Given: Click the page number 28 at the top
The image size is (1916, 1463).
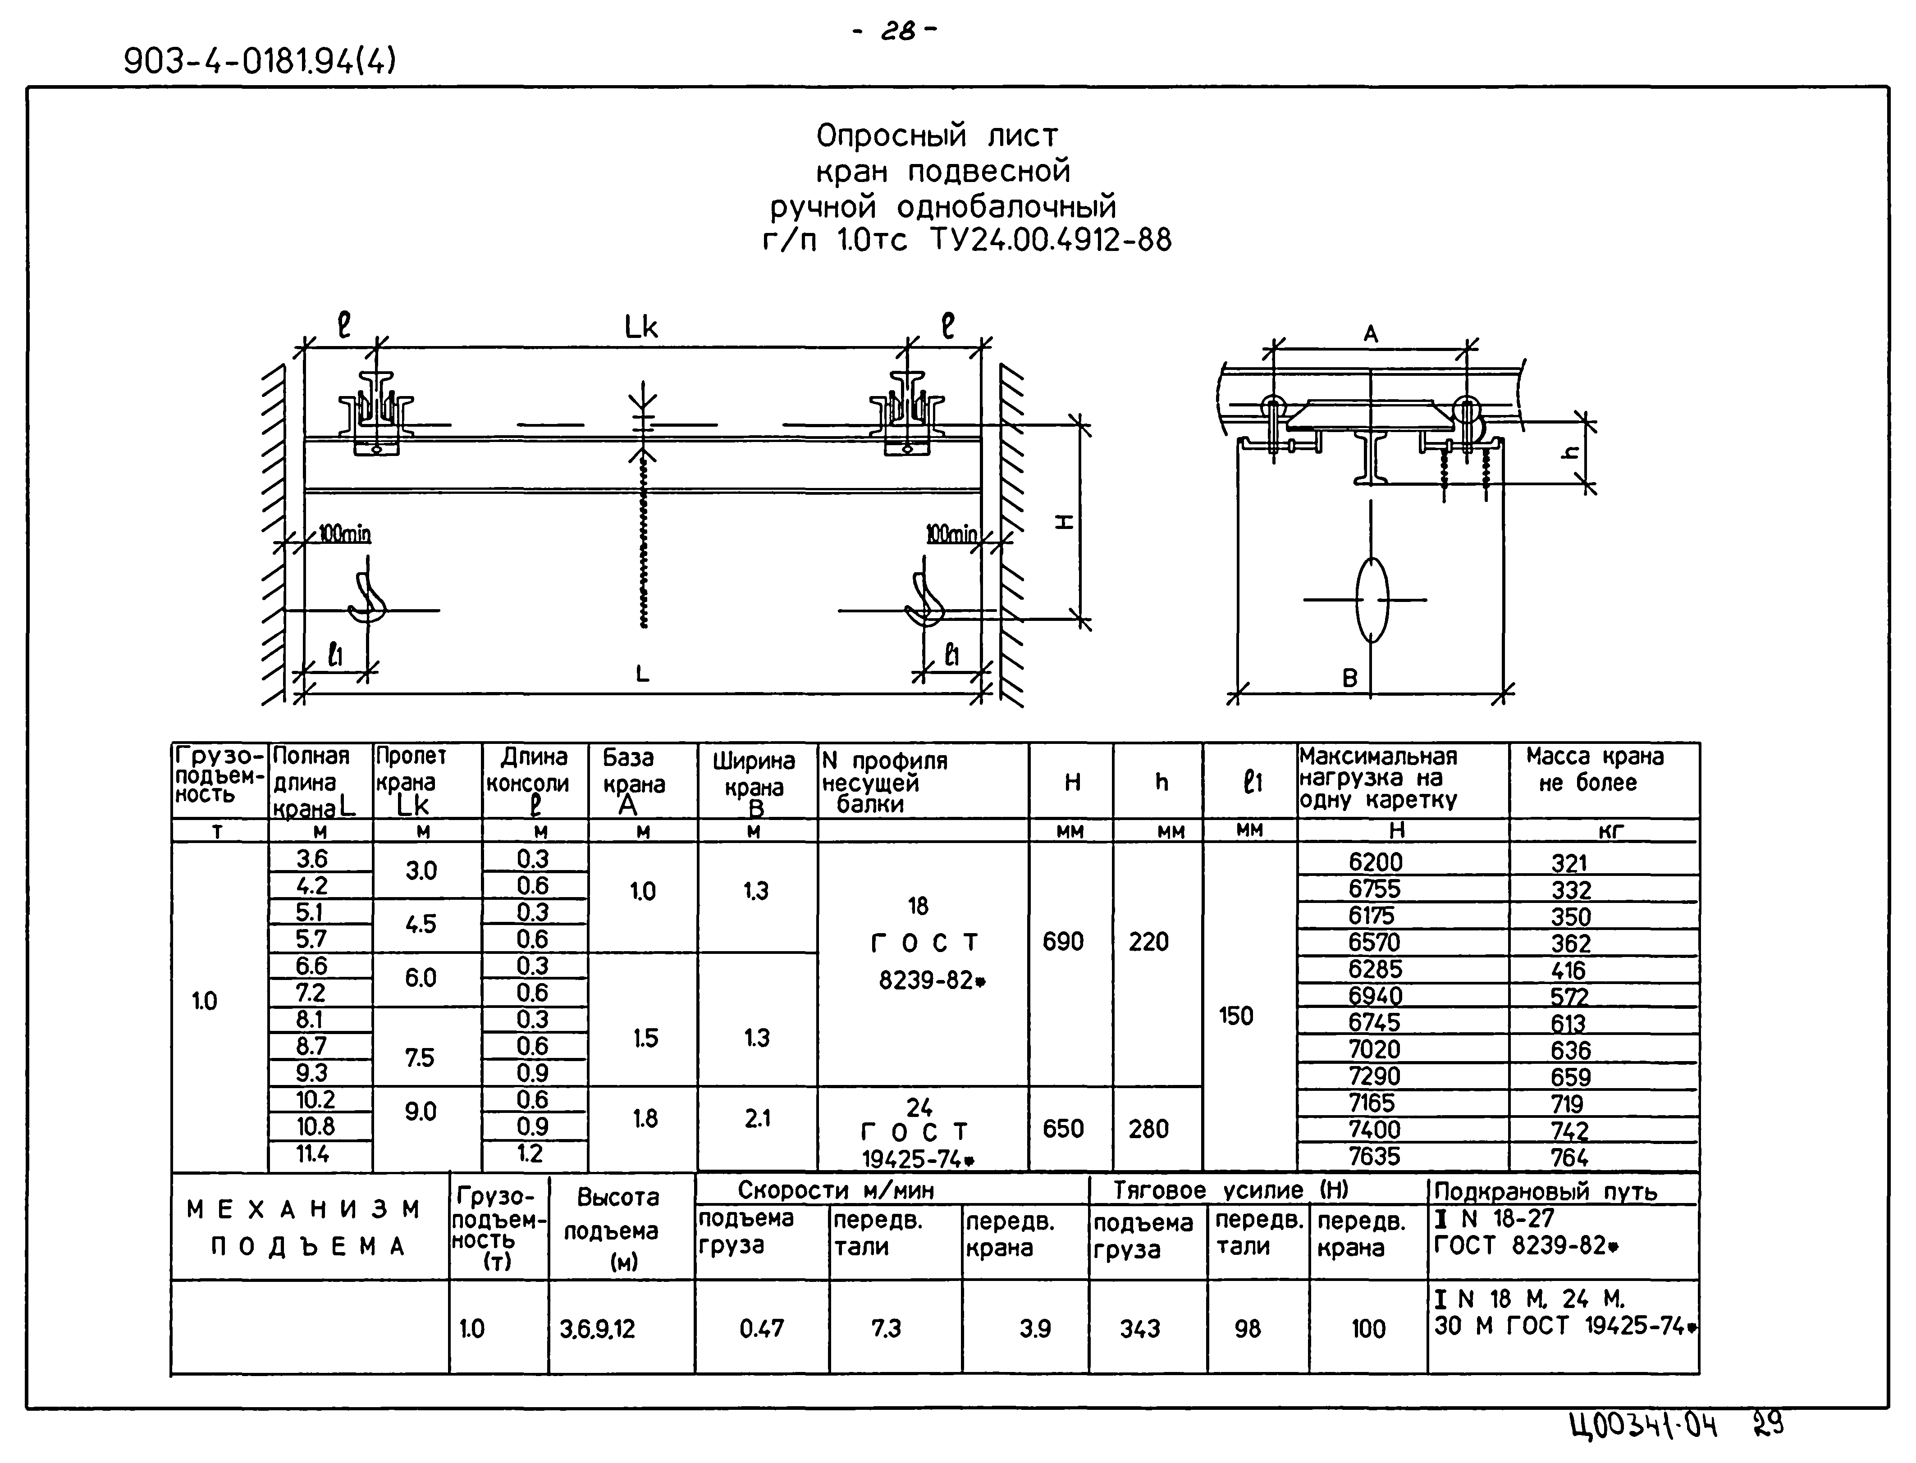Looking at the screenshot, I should point(897,32).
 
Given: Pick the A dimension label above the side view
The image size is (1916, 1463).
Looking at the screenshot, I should point(1371,333).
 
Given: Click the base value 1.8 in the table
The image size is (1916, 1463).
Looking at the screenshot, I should point(645,1118).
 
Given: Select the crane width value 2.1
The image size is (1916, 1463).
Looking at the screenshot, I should point(757,1118).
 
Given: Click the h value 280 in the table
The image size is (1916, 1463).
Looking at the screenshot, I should point(1148,1129).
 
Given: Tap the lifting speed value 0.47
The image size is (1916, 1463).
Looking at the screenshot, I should point(761,1329).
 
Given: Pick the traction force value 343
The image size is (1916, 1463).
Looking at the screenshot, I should point(1140,1329).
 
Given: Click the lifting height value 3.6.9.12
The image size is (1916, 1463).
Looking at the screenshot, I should point(598,1329).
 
